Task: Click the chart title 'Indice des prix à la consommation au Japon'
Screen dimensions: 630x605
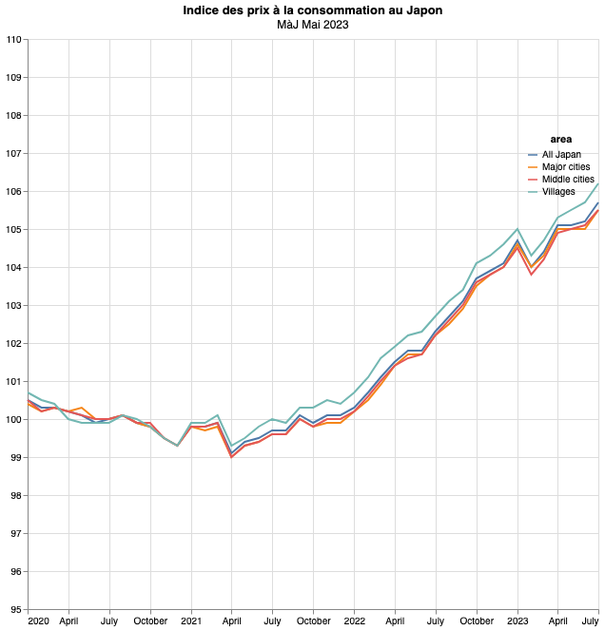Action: tap(313, 10)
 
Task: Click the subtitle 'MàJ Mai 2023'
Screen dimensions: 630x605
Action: tap(313, 25)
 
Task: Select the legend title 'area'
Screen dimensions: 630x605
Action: tap(561, 140)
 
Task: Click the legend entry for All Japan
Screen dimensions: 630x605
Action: tap(561, 154)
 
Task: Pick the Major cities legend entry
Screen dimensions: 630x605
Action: tap(566, 167)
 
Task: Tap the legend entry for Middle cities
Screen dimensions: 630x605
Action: tap(568, 180)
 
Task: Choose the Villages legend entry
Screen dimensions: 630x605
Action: tap(558, 192)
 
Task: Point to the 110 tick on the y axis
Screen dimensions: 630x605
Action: tap(13, 39)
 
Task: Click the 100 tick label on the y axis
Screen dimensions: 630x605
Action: tap(13, 419)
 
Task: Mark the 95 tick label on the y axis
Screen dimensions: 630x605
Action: tap(15, 609)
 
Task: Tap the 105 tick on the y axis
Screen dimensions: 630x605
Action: tap(13, 229)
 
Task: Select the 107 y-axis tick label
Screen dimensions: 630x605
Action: tap(13, 153)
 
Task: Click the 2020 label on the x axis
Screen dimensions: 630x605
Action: tap(38, 621)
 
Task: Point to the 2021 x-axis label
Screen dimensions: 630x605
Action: tap(191, 621)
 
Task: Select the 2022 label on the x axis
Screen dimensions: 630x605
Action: tap(354, 621)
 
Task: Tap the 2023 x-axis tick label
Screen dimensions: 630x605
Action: tap(517, 621)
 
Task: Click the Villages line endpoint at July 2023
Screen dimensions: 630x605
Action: tap(598, 183)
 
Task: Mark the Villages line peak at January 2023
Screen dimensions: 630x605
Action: tap(517, 229)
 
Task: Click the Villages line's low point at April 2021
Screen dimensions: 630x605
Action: tap(231, 446)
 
